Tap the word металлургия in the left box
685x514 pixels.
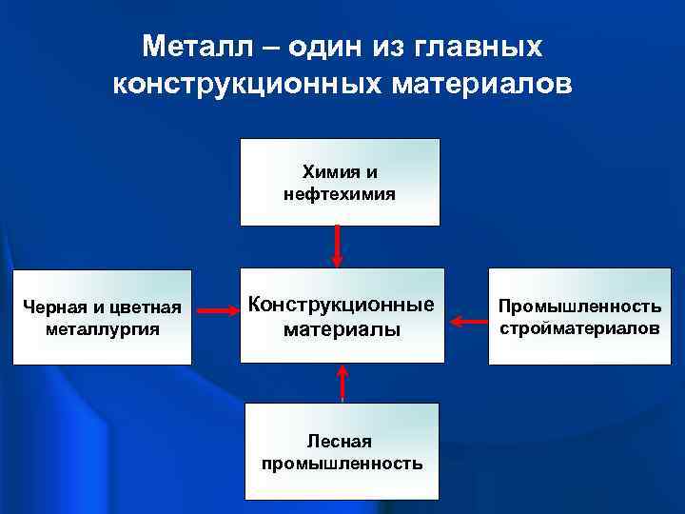102,329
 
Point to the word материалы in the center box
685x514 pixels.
342,329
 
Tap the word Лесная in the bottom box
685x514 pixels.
339,442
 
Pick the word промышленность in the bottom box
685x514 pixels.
342,464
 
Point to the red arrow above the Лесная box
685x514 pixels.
342,383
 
